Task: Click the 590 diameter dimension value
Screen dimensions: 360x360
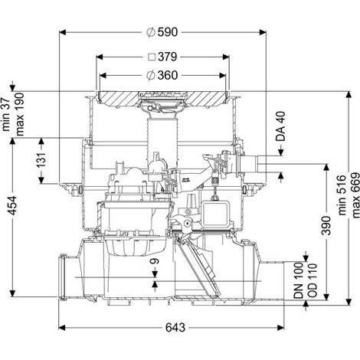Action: point(168,32)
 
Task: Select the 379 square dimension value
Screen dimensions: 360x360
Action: point(168,57)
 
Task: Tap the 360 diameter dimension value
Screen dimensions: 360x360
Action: point(168,75)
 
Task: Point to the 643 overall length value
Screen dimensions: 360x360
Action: point(175,328)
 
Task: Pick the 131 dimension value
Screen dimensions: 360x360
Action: point(41,160)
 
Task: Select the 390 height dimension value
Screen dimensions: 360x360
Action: point(326,225)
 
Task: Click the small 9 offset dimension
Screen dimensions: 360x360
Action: point(155,261)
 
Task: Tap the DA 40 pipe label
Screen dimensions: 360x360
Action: point(280,126)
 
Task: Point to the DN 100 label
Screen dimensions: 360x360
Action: point(299,280)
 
